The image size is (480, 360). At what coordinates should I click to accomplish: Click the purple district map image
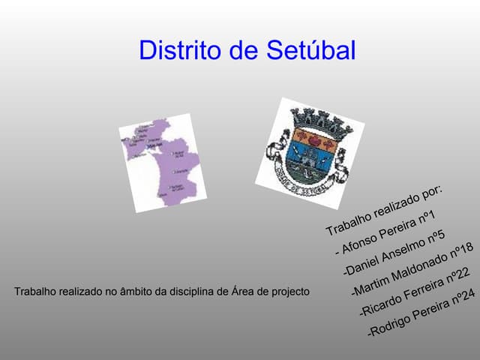click(163, 162)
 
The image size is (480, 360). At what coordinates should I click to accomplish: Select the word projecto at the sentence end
click(289, 291)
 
